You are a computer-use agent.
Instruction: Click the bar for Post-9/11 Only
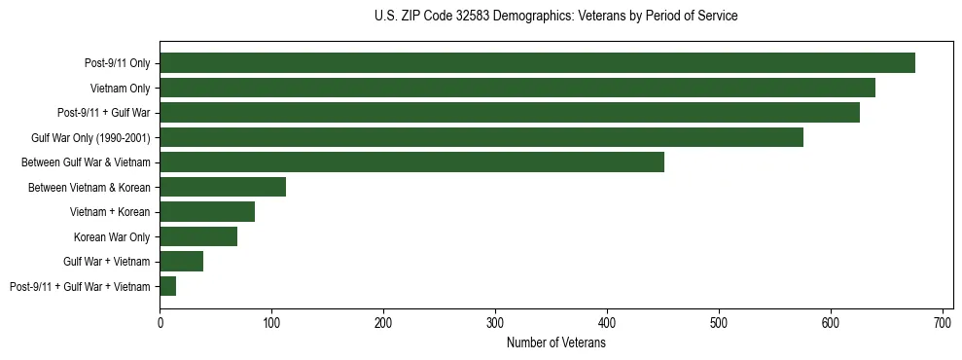(x=537, y=63)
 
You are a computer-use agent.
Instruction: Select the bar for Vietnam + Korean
(x=207, y=211)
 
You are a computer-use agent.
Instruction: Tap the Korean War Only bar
(x=198, y=236)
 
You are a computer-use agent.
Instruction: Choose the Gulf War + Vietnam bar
(x=181, y=261)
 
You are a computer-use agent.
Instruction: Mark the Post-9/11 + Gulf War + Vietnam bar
(x=167, y=286)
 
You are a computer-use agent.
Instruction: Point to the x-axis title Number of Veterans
(x=555, y=343)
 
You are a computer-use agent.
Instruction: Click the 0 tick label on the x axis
(x=160, y=323)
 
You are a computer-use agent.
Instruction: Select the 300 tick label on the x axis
(x=495, y=323)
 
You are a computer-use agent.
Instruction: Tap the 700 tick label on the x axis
(x=943, y=323)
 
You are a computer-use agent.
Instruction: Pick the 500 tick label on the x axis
(x=719, y=323)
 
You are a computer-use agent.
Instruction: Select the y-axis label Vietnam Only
(x=120, y=89)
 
